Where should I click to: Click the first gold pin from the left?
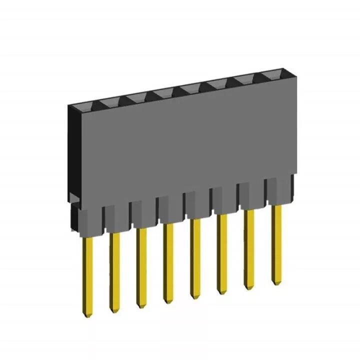[x=88, y=275]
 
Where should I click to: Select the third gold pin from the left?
[x=142, y=265]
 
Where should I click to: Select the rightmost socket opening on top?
[x=270, y=76]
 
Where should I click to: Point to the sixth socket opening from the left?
[x=216, y=84]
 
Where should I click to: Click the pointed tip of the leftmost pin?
[x=88, y=315]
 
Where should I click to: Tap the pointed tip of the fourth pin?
[x=169, y=301]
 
